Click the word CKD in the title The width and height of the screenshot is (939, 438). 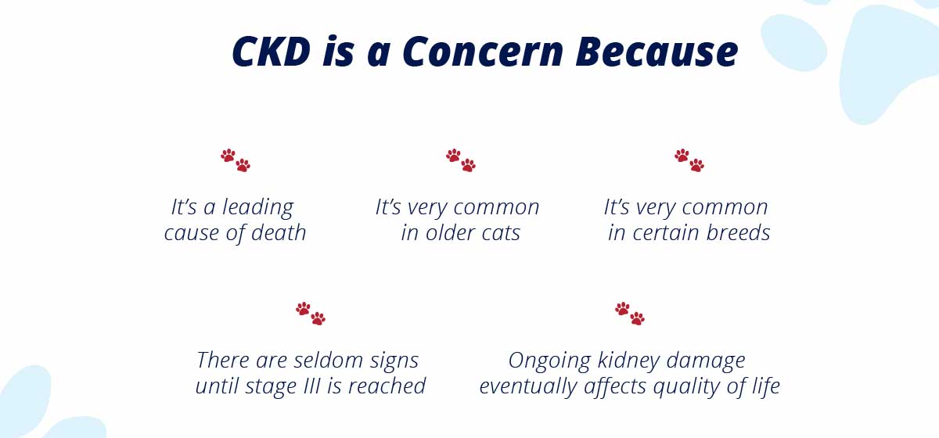coord(272,52)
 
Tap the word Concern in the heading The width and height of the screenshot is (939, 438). coord(483,52)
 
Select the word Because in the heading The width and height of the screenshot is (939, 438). coord(657,52)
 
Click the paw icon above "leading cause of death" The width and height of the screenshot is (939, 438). coord(236,160)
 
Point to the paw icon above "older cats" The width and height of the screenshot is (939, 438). coord(461,160)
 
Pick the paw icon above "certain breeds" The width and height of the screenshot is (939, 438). coord(689,160)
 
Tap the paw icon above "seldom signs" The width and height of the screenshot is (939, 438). coord(310,314)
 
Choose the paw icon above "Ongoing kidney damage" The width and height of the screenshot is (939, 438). coord(630,314)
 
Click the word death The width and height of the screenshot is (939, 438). coord(279,232)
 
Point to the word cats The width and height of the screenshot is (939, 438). coord(501,233)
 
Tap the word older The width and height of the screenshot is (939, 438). coord(450,232)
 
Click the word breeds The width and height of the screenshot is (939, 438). coord(738,232)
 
